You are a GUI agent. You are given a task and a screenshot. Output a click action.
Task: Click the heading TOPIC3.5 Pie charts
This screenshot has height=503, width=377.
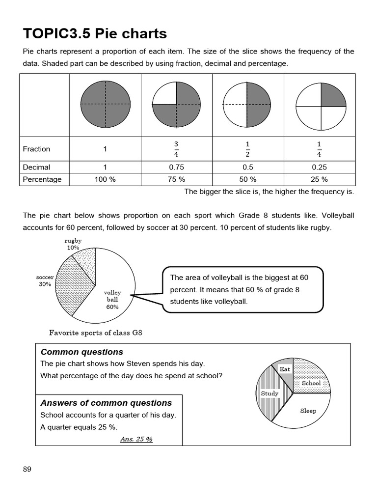(95, 33)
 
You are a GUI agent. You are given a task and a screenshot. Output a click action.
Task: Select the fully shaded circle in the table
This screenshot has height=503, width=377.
(105, 104)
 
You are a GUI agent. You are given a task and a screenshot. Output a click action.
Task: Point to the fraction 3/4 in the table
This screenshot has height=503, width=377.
(177, 149)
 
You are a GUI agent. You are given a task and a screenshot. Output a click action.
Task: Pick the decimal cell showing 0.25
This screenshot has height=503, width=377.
(319, 167)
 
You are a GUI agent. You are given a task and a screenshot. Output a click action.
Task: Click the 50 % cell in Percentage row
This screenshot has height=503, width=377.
(247, 179)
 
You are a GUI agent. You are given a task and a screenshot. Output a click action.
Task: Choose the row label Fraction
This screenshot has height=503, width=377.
(36, 149)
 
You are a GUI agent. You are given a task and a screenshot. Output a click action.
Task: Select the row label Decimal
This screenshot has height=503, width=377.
(36, 167)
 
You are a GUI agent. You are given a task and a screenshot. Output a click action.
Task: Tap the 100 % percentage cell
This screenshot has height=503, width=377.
(105, 179)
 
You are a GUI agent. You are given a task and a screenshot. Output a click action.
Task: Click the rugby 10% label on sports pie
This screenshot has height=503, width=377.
(73, 244)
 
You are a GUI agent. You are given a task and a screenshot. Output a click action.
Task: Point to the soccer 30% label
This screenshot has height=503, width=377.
(45, 280)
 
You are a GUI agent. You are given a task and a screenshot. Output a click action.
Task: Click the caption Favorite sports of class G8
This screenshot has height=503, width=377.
(96, 333)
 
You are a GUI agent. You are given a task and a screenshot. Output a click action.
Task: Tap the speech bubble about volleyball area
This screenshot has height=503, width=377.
(242, 289)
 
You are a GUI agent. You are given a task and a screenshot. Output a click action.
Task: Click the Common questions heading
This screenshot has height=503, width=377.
(82, 352)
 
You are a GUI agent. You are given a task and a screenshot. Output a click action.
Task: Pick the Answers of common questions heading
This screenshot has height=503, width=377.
(106, 403)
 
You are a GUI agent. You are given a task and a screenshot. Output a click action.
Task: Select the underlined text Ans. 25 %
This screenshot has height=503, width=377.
(136, 439)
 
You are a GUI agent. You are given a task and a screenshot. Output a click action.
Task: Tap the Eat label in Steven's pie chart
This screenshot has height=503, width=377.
(285, 369)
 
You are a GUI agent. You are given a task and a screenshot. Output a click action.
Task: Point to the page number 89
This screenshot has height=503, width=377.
(27, 469)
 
